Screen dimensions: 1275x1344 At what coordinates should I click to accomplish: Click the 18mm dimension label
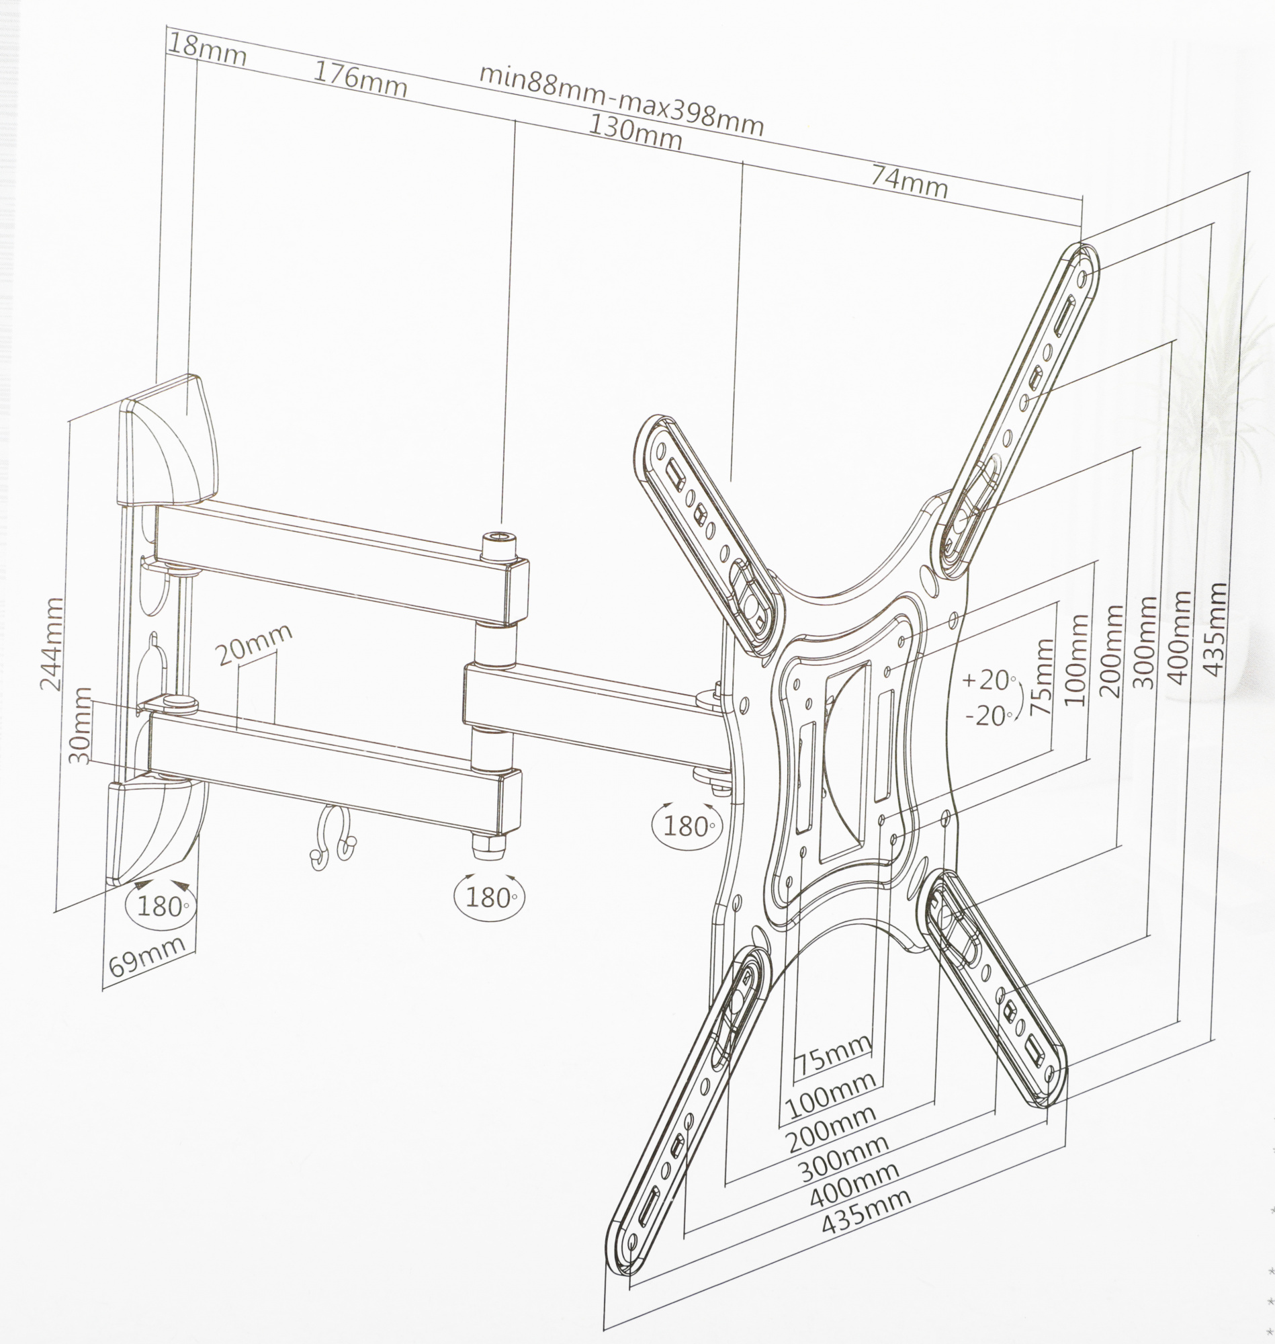pos(207,50)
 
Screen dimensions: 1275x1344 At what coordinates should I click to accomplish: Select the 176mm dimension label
pos(359,79)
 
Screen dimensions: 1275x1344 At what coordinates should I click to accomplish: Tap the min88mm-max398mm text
pos(621,101)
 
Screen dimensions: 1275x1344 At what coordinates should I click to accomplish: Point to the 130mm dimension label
pos(635,132)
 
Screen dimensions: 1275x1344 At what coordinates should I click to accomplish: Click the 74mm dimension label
pos(910,182)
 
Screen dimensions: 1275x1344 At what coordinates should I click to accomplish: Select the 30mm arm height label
pos(80,725)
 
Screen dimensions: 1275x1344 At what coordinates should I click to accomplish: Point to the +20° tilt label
pos(990,680)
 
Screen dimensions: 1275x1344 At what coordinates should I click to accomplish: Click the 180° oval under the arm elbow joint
pos(489,898)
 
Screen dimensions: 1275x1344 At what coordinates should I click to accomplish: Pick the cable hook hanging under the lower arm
pos(333,837)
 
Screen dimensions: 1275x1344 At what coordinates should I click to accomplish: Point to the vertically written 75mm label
pos(1041,677)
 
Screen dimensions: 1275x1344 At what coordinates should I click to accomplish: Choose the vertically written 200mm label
pos(1110,650)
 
